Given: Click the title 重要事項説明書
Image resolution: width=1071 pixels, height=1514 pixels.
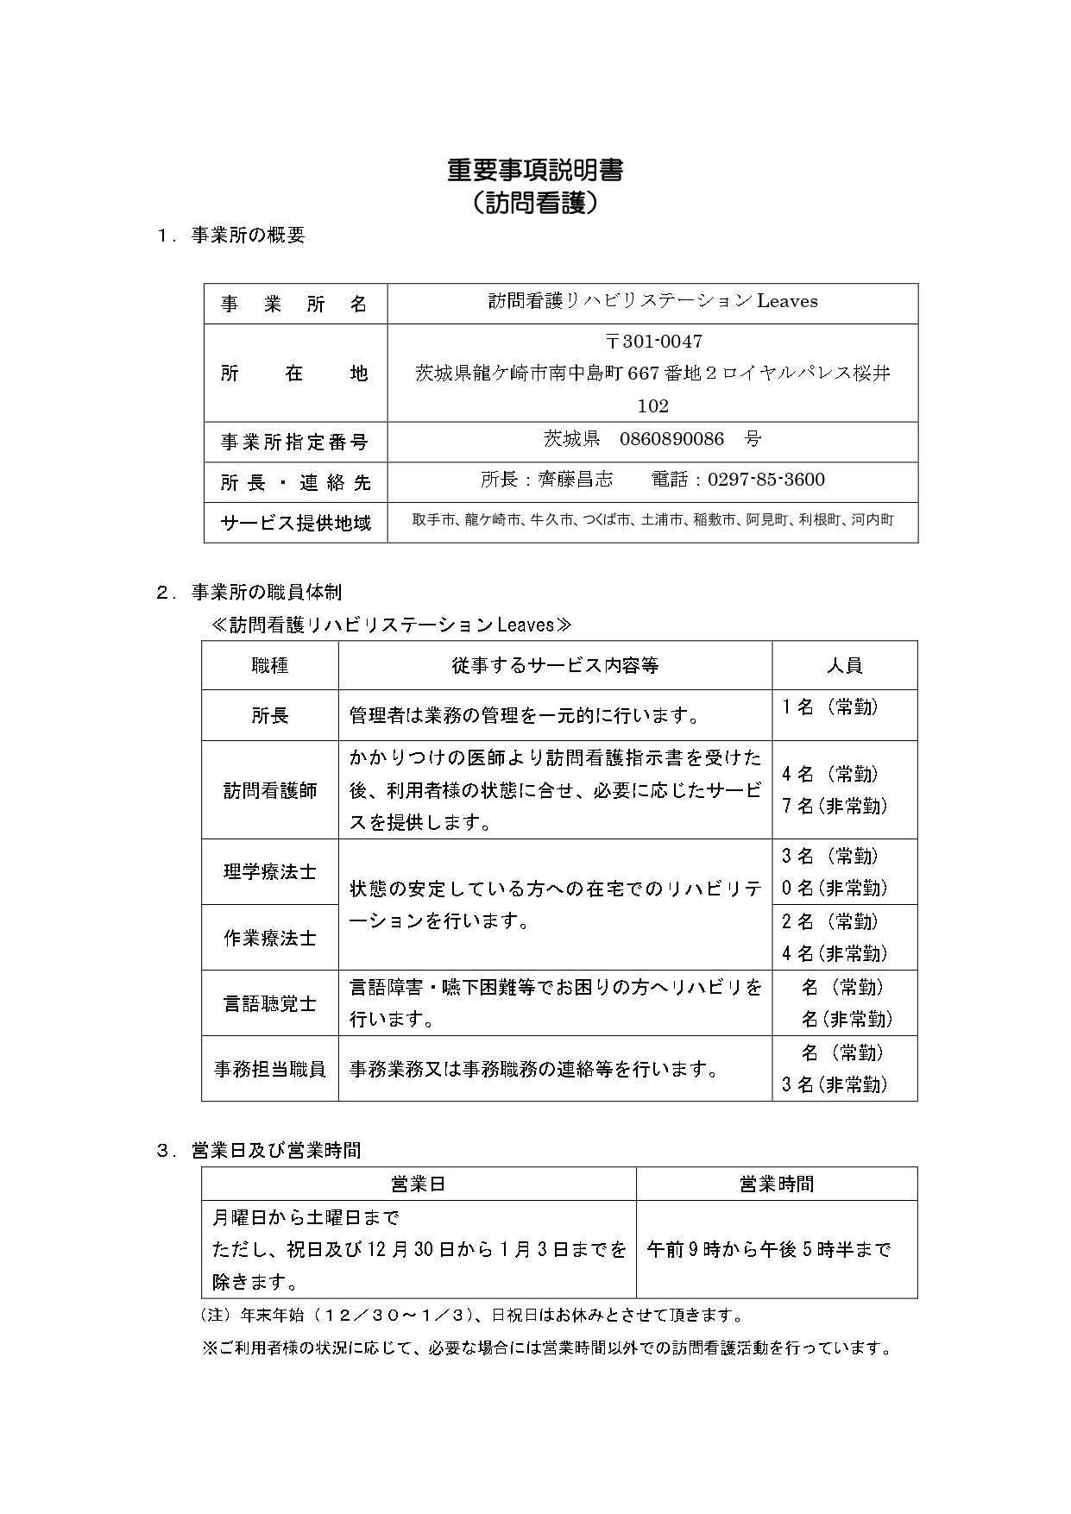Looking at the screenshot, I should (x=535, y=171).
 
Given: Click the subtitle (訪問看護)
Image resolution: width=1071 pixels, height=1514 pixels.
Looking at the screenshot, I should (x=535, y=204).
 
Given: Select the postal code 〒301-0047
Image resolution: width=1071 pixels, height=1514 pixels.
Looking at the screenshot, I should (x=653, y=342).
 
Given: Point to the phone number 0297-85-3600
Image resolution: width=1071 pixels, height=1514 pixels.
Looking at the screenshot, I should (x=766, y=480).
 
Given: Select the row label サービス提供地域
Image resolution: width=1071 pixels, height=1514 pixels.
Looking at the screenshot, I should (x=296, y=523).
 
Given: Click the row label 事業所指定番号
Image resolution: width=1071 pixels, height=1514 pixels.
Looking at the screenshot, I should (x=295, y=443).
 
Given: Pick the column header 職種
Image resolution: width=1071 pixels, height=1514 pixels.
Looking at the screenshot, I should (x=270, y=665).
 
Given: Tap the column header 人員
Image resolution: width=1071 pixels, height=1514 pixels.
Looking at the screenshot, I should (x=844, y=665).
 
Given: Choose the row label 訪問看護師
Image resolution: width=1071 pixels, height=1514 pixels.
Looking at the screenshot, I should (x=270, y=790).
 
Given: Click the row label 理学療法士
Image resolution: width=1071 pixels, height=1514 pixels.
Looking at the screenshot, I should (x=270, y=872).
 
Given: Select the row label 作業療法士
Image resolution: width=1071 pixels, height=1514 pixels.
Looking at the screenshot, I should (x=270, y=938).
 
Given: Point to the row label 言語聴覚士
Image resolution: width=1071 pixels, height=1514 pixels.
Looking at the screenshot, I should (x=270, y=1003).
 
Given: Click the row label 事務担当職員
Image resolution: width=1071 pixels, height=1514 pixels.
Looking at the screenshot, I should (x=270, y=1069).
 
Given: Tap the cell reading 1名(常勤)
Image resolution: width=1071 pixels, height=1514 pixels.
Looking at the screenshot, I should (x=830, y=707).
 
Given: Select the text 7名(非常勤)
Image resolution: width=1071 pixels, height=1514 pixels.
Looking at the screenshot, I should (x=835, y=807).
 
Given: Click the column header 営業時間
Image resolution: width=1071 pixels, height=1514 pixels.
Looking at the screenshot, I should (x=776, y=1184).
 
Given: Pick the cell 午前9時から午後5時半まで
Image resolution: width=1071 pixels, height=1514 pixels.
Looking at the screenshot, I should (x=768, y=1249).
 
